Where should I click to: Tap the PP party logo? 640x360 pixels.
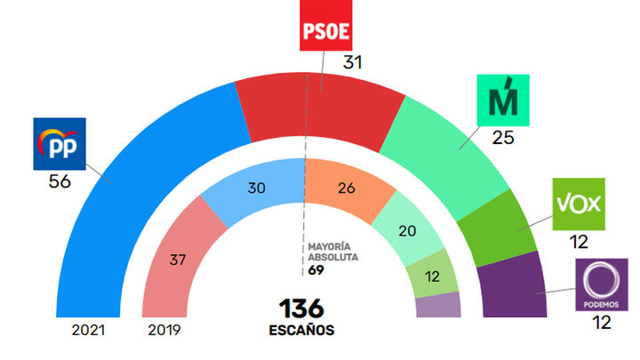59,144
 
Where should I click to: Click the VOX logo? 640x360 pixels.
579,204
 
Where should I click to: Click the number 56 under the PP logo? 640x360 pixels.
60,182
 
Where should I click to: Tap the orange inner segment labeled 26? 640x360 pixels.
346,188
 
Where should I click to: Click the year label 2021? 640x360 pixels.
91,331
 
